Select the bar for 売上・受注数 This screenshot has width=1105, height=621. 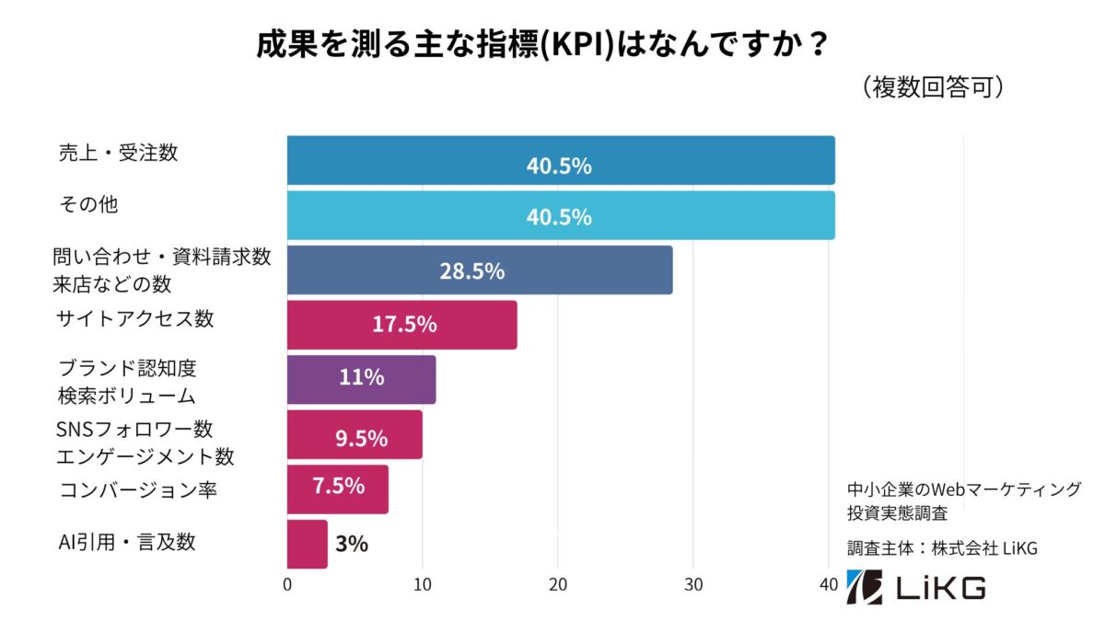tap(560, 160)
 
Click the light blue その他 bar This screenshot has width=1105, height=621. tap(560, 215)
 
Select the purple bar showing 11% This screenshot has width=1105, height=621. tap(361, 379)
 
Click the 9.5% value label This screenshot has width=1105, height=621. tap(361, 438)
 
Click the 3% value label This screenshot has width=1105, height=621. tap(352, 544)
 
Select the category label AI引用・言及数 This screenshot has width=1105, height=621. tap(127, 543)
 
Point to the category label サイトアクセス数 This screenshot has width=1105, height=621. tap(135, 319)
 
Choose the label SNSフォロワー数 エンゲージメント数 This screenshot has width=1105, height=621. tap(145, 443)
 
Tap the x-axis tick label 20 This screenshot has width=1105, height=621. tap(557, 584)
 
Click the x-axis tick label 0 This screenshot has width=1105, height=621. tap(287, 584)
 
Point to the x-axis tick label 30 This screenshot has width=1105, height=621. tap(692, 584)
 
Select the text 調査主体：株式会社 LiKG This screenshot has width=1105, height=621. tap(942, 548)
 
